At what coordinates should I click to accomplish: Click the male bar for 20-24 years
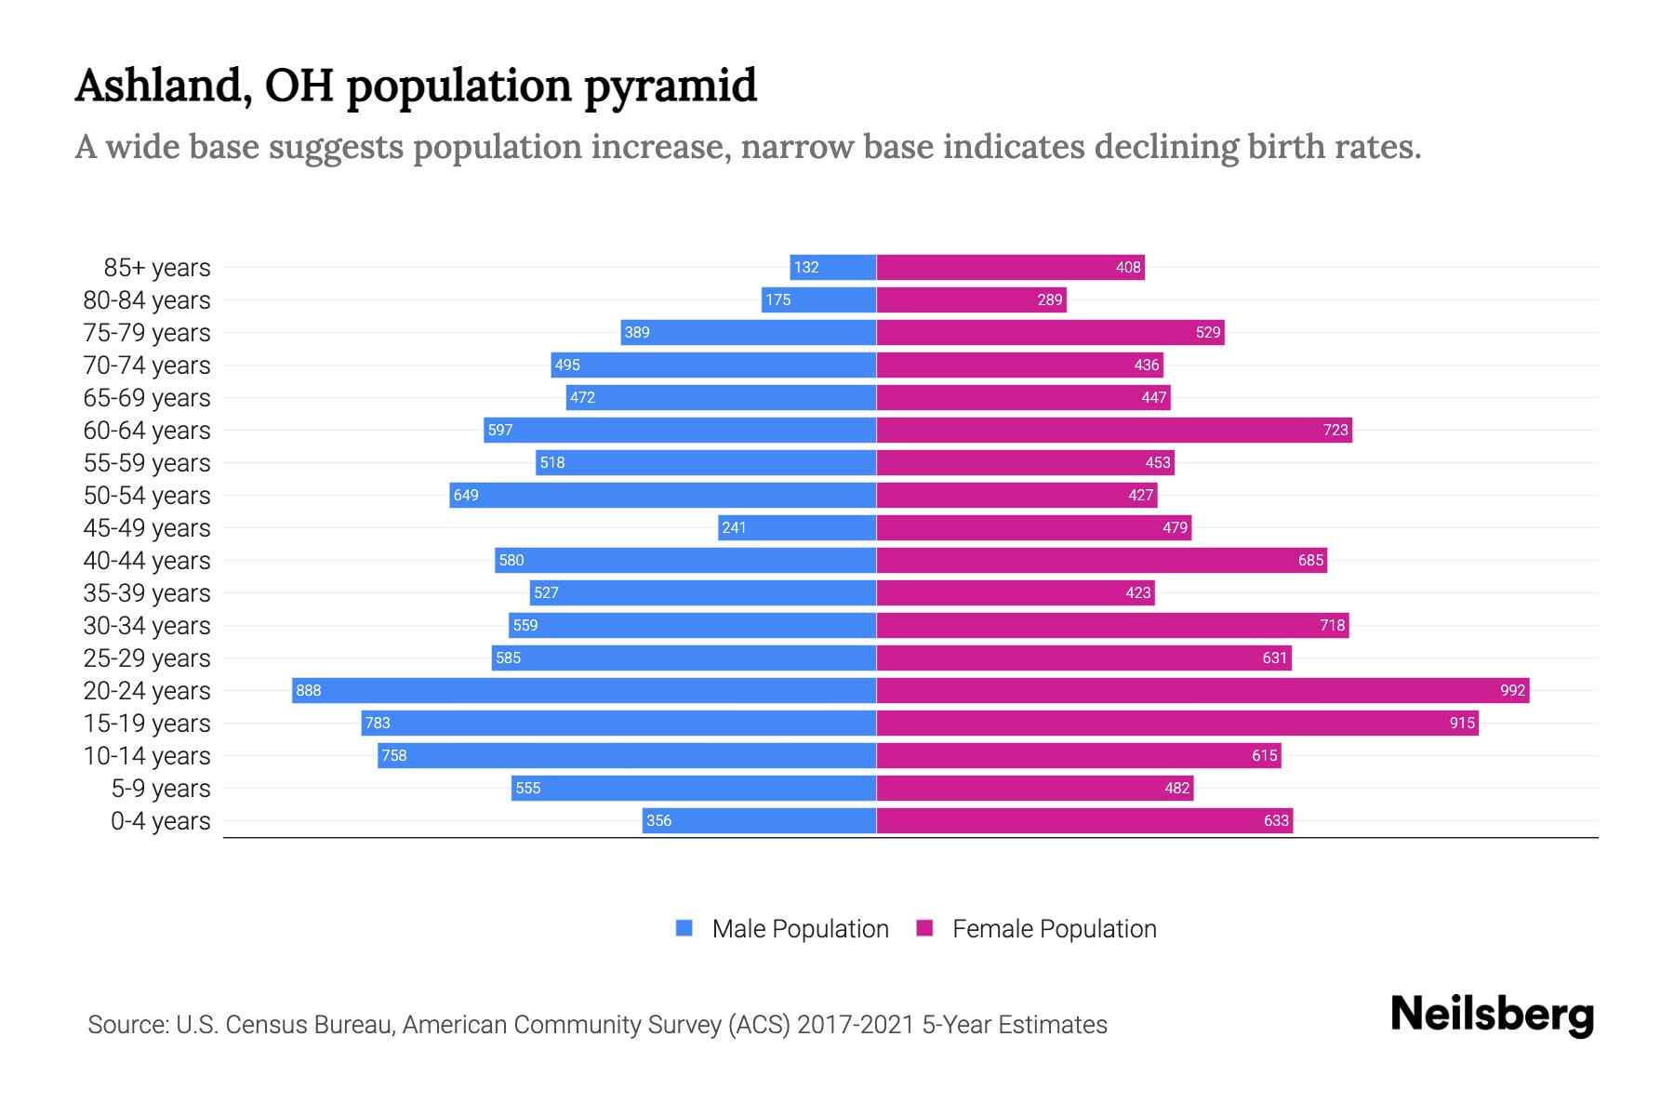[x=584, y=690]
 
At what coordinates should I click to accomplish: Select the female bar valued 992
[x=1202, y=690]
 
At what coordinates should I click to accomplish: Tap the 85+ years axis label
[x=156, y=268]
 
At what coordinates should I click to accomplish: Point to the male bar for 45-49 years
[x=797, y=527]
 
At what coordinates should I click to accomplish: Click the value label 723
[x=1335, y=430]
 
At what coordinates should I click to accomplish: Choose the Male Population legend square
[x=684, y=928]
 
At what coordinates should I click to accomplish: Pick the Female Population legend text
[x=1055, y=928]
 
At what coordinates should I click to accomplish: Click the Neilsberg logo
[x=1492, y=1015]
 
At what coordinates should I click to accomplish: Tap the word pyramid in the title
[x=671, y=86]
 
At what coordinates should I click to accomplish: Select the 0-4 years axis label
[x=160, y=821]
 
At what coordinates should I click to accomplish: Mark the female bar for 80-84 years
[x=971, y=299]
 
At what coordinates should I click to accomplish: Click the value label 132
[x=806, y=267]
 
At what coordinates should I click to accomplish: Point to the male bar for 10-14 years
[x=627, y=755]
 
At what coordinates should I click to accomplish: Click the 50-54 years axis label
[x=147, y=496]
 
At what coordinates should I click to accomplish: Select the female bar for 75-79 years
[x=1050, y=332]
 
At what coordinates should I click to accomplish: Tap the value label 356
[x=658, y=820]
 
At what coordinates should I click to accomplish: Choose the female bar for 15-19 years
[x=1177, y=723]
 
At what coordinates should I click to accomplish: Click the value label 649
[x=466, y=495]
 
